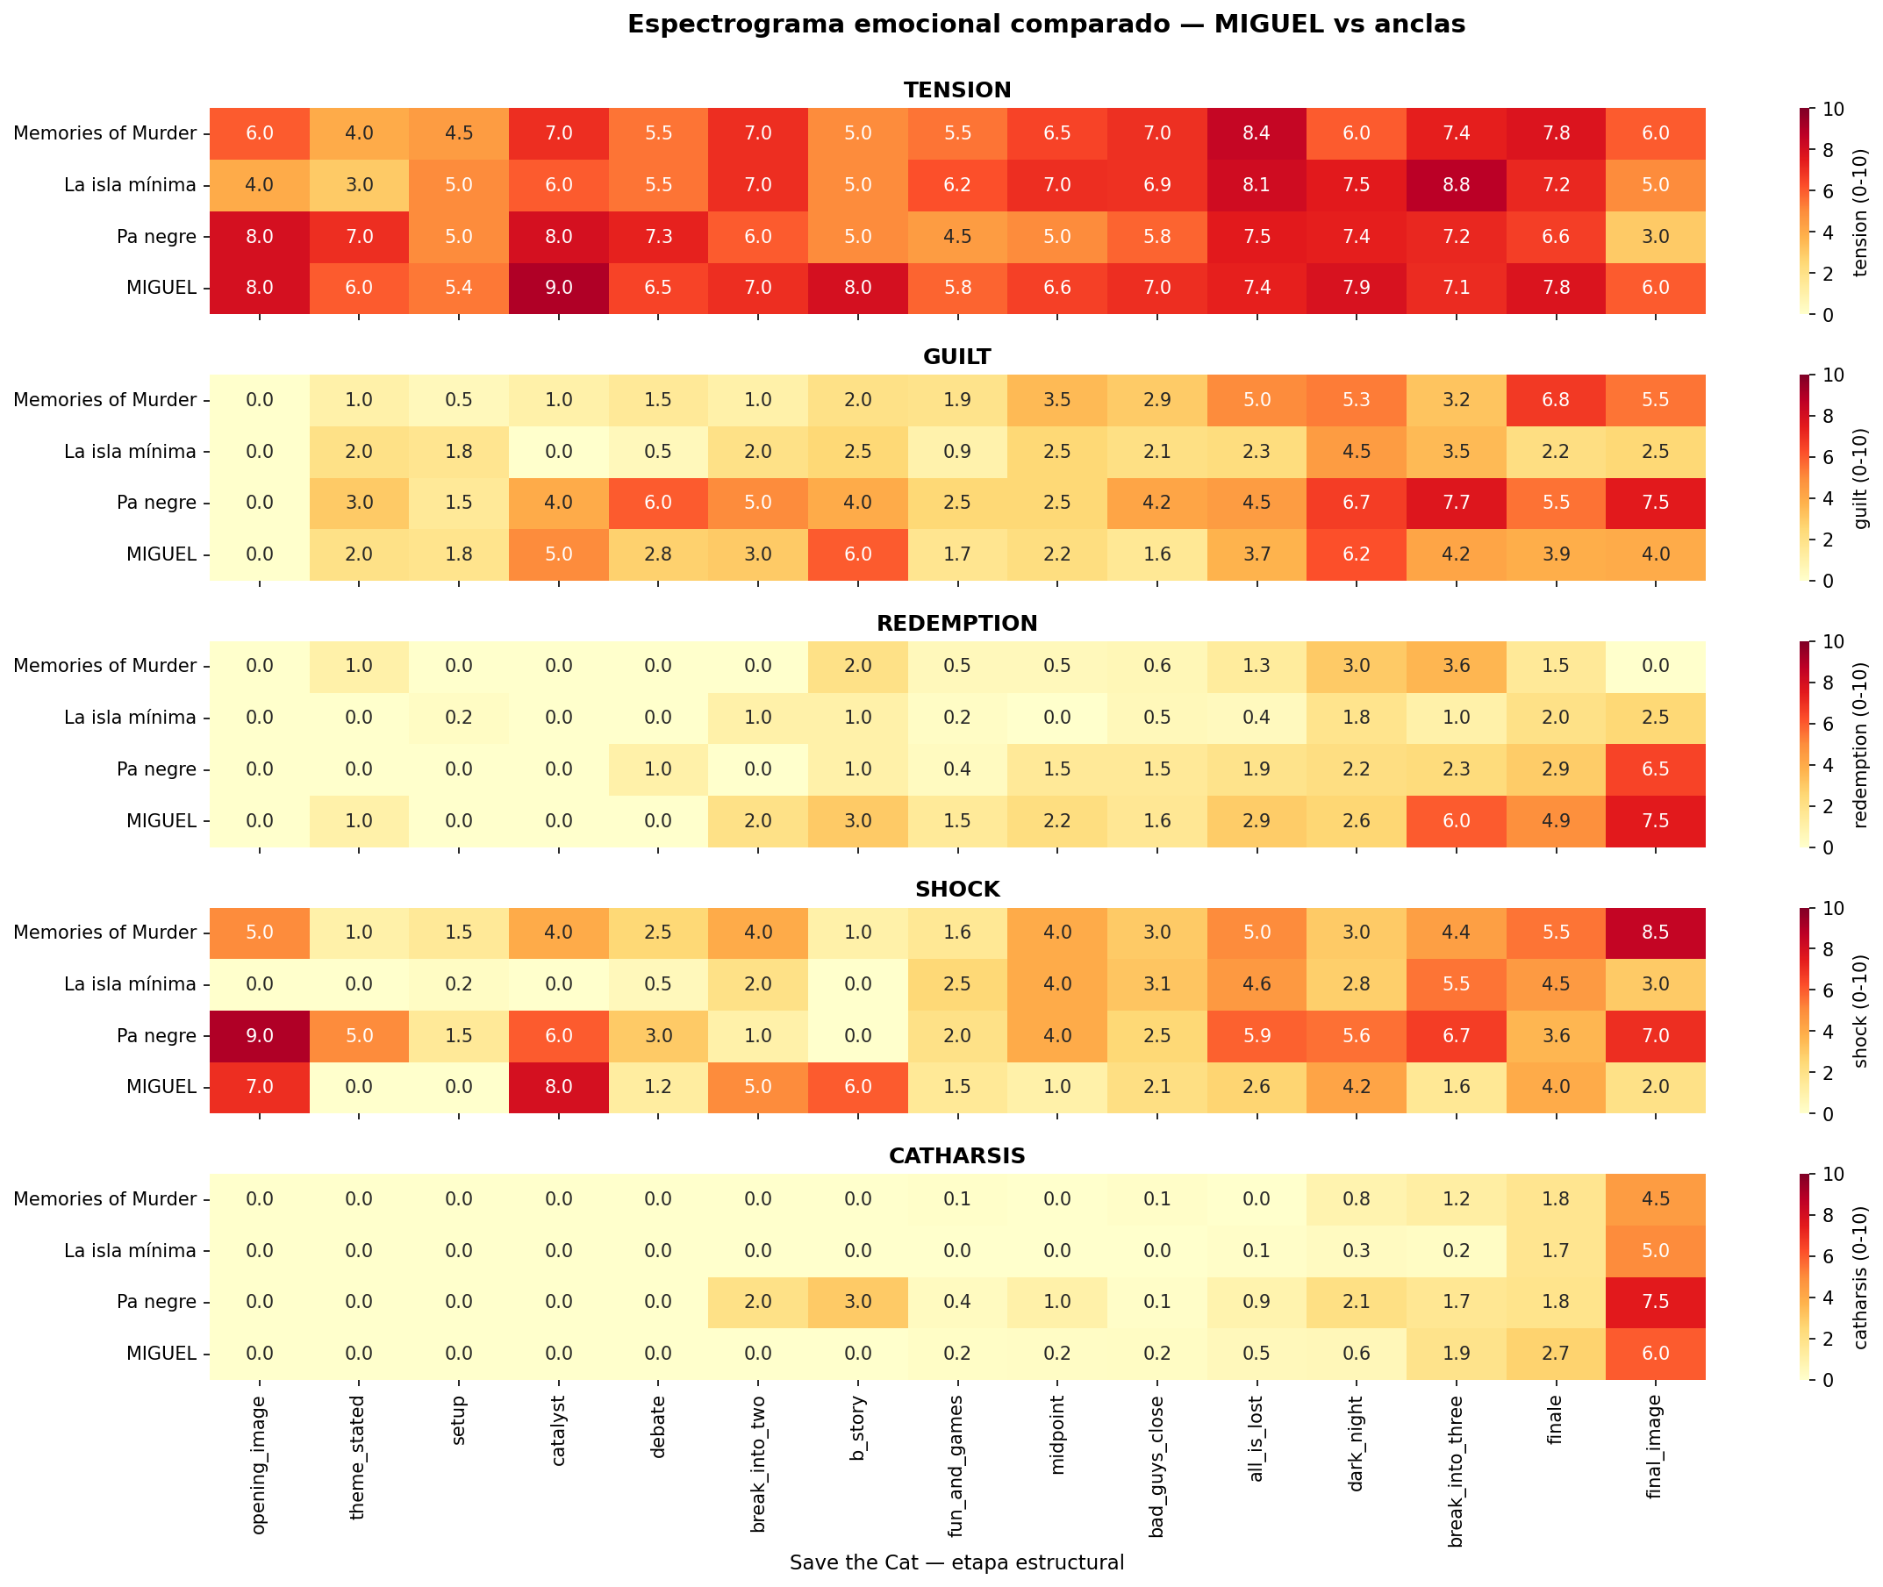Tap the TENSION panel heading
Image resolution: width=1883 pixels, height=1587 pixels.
957,90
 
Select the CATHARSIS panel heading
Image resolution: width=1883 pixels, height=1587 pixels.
957,1156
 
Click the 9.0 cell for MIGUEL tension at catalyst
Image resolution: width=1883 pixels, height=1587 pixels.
559,288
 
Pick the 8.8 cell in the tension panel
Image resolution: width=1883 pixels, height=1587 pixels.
1456,185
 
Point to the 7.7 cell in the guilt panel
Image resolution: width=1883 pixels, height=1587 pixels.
1456,503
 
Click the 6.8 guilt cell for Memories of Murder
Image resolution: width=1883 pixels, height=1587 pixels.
1556,399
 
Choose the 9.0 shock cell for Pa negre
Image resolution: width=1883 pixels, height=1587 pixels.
260,1035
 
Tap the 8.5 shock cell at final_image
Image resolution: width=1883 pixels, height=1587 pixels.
1656,932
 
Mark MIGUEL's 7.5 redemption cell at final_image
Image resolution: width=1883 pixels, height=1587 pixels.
1656,820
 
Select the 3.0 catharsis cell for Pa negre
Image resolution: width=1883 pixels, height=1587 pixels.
858,1302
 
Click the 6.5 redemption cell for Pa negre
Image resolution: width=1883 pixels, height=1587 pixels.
1656,769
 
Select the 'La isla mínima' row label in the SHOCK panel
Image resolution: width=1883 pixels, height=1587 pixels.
131,984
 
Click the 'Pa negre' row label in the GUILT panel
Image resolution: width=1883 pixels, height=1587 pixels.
156,503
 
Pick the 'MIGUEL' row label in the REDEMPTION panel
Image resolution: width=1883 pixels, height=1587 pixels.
162,820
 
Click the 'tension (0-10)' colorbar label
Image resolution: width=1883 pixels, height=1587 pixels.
1861,211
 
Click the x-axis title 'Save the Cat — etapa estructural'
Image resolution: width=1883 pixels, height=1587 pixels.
957,1562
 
